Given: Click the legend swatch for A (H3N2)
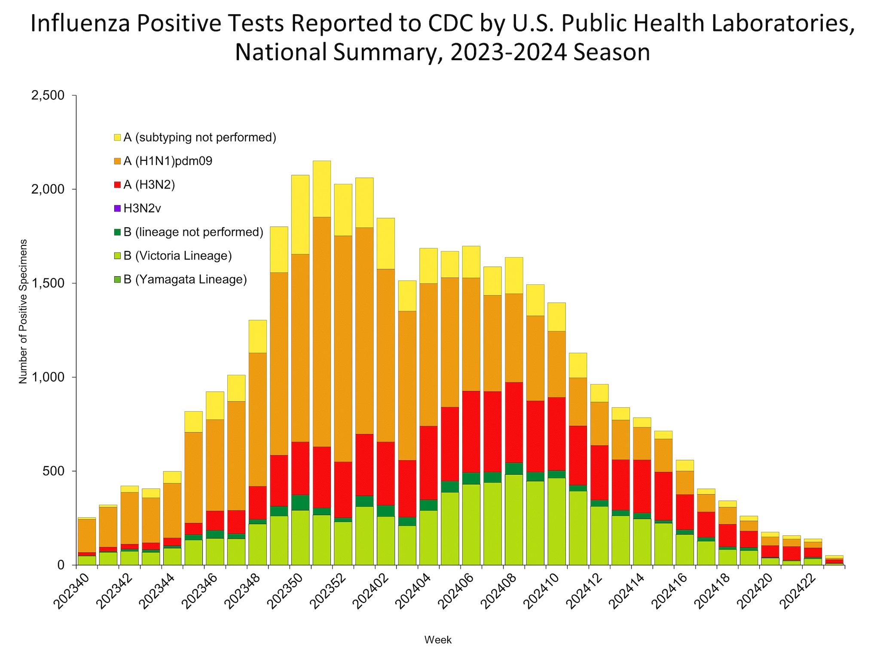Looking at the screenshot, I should point(117,185).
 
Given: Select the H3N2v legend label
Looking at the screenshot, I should point(142,209).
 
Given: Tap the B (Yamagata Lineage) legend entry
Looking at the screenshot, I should point(185,280).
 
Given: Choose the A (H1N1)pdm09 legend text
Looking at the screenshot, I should point(168,162).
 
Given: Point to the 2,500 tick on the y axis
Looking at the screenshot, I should point(48,95).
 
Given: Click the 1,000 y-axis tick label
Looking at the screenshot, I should point(48,377).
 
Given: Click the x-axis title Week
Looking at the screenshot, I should point(438,640).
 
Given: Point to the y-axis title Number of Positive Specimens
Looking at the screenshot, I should point(23,311).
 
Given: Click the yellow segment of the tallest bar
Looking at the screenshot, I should point(321,189).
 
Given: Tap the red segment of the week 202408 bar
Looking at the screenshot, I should point(513,422).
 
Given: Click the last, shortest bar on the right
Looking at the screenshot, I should point(834,560).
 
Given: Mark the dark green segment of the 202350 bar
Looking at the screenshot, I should point(300,502).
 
